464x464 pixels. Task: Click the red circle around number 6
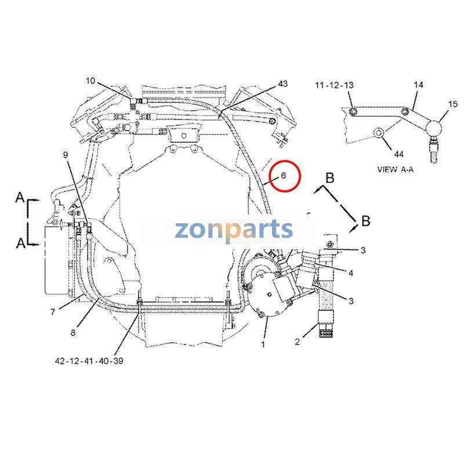pos(300,176)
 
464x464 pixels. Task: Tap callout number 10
pos(90,81)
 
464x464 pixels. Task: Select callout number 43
pos(282,84)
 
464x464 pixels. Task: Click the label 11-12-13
pos(335,85)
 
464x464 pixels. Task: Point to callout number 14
pos(418,85)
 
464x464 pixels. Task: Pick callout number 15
pos(453,104)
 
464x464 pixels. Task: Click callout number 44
pos(398,154)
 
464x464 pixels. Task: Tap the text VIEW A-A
pos(396,169)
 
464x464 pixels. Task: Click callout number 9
pos(66,154)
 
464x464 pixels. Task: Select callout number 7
pos(53,312)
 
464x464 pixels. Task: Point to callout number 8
pos(73,332)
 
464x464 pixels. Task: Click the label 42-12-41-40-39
pos(89,361)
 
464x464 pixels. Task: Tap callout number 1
pos(263,345)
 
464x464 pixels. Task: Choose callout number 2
pos(298,342)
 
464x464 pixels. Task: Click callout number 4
pos(351,273)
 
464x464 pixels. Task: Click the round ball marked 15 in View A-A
pos(433,128)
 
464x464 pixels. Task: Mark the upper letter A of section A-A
pos(20,197)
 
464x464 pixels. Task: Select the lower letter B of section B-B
pos(366,221)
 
